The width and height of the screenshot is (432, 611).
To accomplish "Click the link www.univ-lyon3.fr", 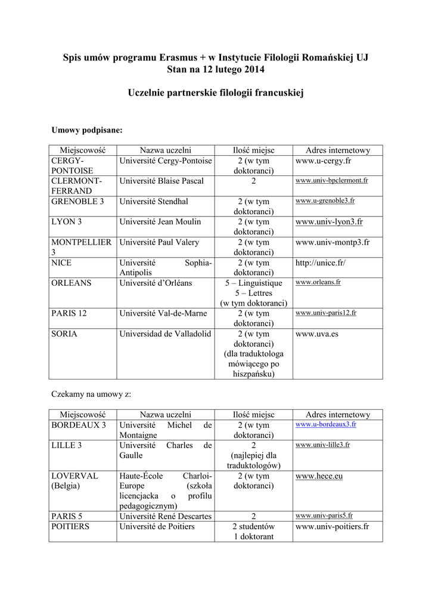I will (x=329, y=222).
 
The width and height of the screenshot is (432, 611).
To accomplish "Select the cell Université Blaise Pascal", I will (x=161, y=181).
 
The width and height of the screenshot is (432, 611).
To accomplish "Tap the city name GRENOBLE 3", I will (x=77, y=202).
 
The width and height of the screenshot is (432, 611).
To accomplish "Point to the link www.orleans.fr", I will (x=318, y=282).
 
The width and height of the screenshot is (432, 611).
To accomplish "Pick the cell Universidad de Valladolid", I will (x=165, y=334).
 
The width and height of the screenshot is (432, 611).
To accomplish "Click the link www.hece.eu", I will (x=319, y=476).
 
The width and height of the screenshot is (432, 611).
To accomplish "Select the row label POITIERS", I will (x=70, y=527).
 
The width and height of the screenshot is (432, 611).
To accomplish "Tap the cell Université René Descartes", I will (x=165, y=516).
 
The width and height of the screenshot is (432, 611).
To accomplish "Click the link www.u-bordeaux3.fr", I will (x=325, y=424).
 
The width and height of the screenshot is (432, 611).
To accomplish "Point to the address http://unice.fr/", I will (x=320, y=263).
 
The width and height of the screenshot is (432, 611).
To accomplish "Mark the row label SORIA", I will (x=64, y=334).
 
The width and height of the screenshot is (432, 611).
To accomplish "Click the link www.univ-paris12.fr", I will (x=326, y=313).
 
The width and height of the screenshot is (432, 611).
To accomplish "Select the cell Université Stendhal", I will (x=153, y=202).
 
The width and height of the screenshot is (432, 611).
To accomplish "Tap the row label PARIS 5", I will (x=67, y=516).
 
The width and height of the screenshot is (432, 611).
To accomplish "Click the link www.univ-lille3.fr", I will (x=322, y=445).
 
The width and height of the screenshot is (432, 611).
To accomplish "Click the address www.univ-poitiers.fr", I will (x=332, y=527).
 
